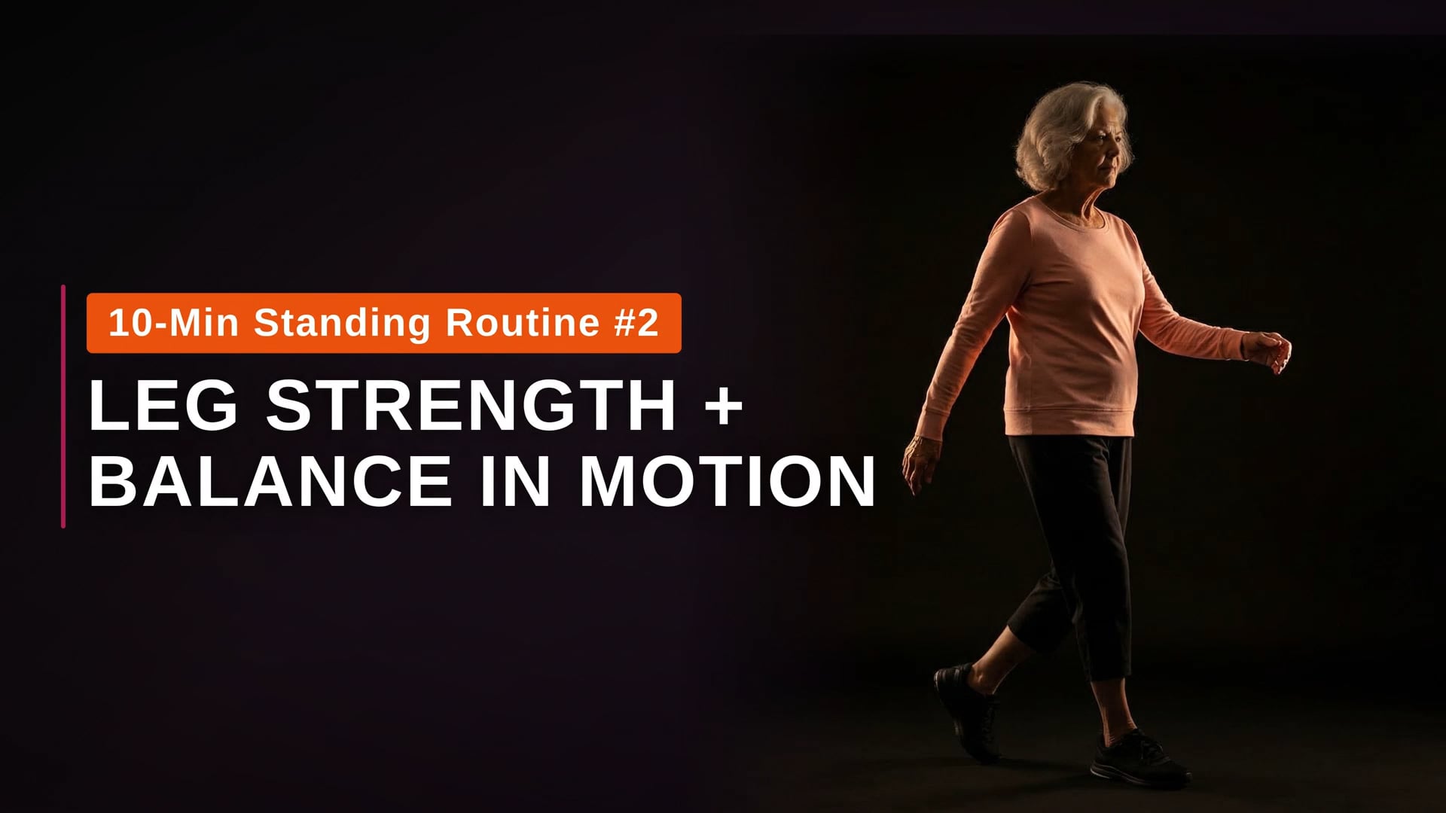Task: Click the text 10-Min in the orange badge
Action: pyautogui.click(x=174, y=323)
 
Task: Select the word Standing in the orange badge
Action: pyautogui.click(x=342, y=323)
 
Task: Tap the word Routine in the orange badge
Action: pyautogui.click(x=522, y=323)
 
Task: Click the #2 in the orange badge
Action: pyautogui.click(x=637, y=323)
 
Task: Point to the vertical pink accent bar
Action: pyautogui.click(x=63, y=406)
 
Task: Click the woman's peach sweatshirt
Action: pyautogui.click(x=1069, y=316)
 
